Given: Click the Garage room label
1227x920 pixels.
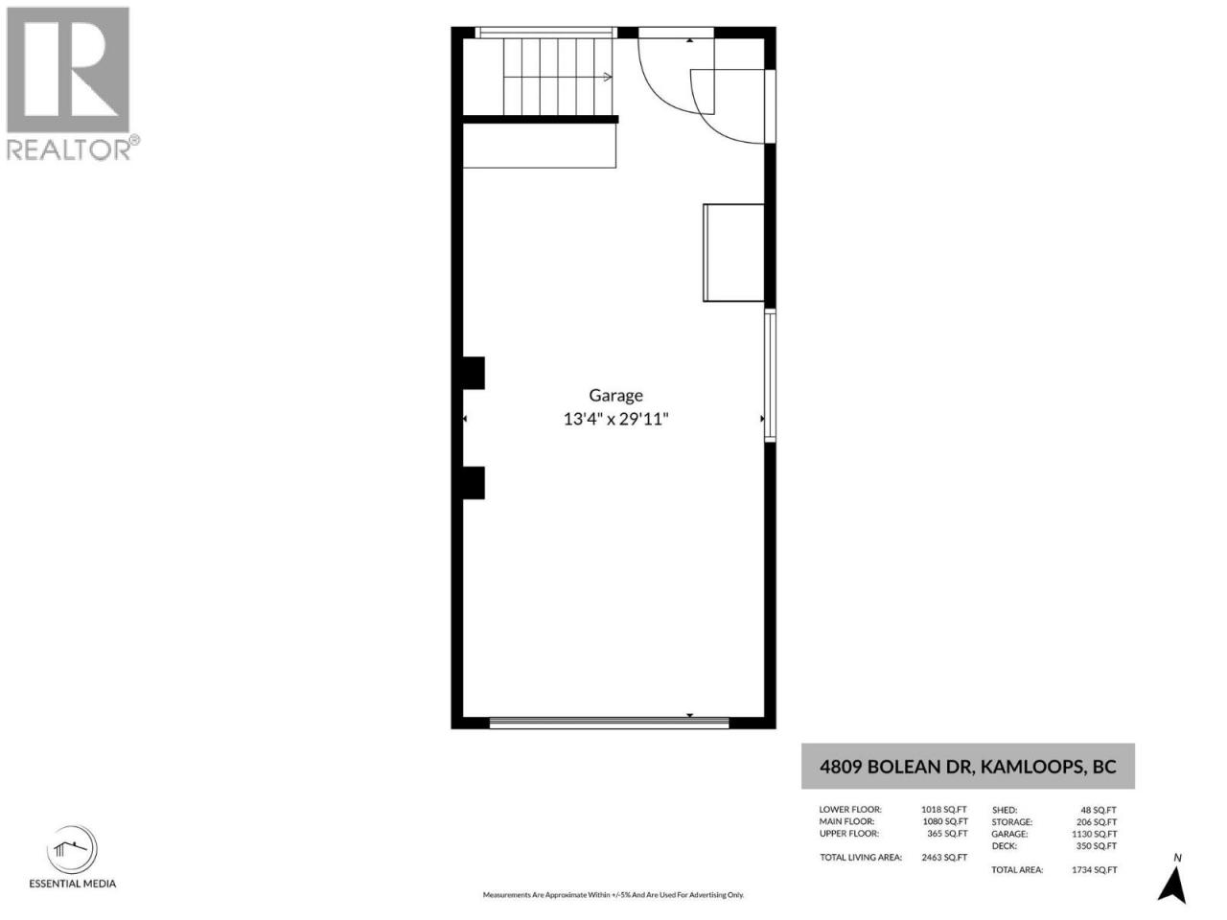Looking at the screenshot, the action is coord(615,396).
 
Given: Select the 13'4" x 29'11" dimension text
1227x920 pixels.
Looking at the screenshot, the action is coord(615,419).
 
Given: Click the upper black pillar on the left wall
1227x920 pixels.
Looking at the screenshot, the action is coord(474,373).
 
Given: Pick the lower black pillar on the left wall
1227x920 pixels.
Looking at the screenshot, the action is coord(474,483).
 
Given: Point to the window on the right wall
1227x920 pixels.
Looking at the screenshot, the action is coord(770,376).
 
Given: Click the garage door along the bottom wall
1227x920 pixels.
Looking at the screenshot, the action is coord(610,723).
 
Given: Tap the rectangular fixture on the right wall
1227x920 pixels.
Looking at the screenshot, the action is coord(733,252).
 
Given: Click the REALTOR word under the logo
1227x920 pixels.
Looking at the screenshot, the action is coord(68,149).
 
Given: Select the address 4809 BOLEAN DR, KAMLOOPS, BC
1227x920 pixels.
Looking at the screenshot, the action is coord(967,767).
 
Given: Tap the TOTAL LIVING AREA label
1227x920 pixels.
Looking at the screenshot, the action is coord(861,858).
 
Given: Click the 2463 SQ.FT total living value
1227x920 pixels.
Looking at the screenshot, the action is coord(944,858).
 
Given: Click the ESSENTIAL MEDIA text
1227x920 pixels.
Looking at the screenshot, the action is coord(73,884).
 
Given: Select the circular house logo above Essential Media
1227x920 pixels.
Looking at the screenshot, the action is coord(72,849).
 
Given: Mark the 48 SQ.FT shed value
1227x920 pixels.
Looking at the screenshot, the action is coord(1099,810).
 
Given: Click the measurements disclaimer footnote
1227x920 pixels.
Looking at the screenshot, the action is coord(613,895).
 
